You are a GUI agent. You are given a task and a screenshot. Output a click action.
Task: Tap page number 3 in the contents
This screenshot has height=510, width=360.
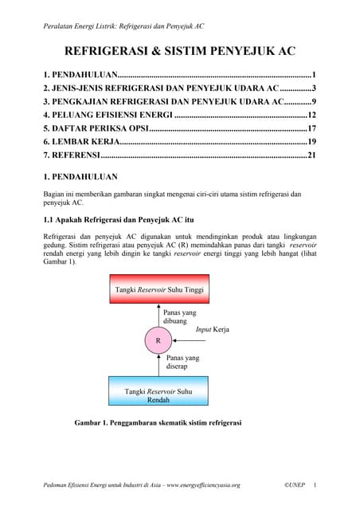coord(315,88)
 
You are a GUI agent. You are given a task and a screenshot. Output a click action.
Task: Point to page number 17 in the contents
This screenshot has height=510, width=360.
coord(312,128)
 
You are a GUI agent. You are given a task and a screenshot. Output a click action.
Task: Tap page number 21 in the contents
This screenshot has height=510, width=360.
coord(312,155)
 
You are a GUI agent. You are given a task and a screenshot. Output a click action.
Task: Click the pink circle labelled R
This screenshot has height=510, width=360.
coord(158,340)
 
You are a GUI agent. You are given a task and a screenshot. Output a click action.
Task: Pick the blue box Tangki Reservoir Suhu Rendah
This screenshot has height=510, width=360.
coord(158,394)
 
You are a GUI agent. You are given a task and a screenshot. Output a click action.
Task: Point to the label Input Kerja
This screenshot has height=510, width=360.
coord(209,328)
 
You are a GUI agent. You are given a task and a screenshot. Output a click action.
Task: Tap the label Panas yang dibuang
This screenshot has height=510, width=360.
coord(179,317)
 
